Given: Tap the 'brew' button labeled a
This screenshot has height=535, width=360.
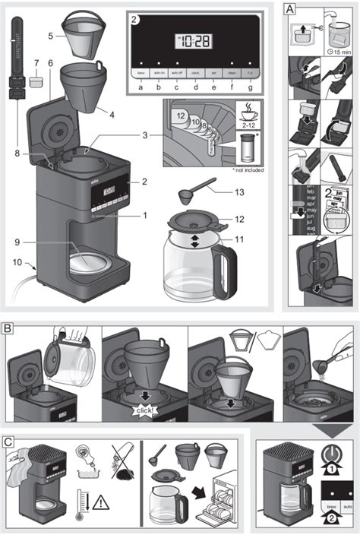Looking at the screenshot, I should [x=141, y=72].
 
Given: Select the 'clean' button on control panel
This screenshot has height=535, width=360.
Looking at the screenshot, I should [x=232, y=72].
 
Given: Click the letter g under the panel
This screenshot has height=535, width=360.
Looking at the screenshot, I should [x=250, y=85].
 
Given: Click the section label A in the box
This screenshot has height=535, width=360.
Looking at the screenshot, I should [x=289, y=9].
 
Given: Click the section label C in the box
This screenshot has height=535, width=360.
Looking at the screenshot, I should [x=8, y=441].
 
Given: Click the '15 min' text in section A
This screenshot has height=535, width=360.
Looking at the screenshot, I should [x=340, y=52].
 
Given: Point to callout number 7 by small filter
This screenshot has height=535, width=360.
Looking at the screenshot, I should [x=35, y=62].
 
